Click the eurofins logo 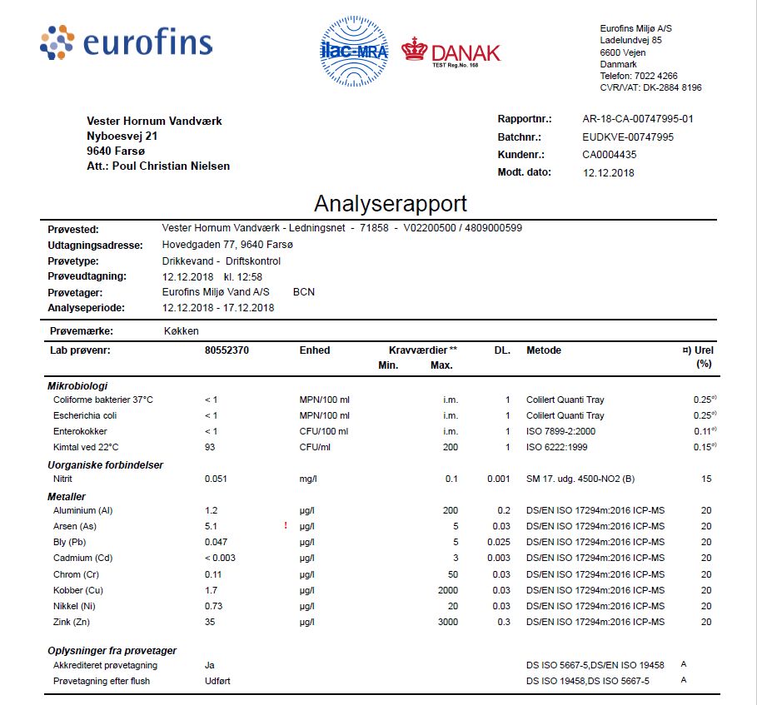click(126, 42)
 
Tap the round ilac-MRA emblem click(355, 52)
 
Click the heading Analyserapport click(390, 204)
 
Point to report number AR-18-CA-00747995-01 click(637, 119)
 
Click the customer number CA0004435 click(609, 155)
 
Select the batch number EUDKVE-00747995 click(627, 137)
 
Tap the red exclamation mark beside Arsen click(286, 526)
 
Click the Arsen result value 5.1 click(211, 526)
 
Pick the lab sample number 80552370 click(227, 350)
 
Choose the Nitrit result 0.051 click(216, 479)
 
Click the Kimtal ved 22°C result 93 click(210, 448)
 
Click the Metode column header click(543, 350)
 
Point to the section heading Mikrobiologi click(77, 385)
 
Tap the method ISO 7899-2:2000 click(565, 431)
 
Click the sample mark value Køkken click(182, 330)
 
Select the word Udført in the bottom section click(218, 681)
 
